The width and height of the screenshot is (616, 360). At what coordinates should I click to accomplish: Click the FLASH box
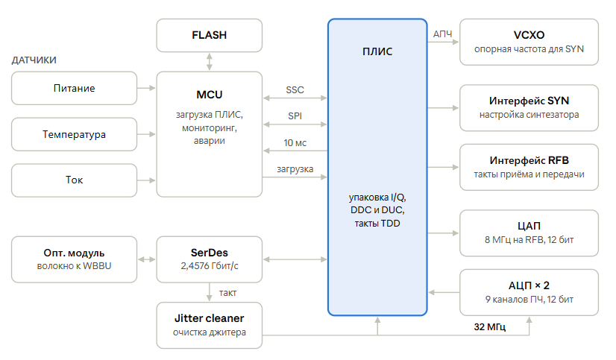pyautogui.click(x=210, y=35)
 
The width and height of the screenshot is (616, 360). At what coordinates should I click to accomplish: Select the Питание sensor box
pyautogui.click(x=75, y=89)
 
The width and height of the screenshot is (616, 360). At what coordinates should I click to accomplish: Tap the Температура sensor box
pyautogui.click(x=75, y=134)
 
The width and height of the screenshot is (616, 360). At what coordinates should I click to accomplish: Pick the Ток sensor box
pyautogui.click(x=75, y=180)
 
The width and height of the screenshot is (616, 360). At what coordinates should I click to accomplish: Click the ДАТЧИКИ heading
pyautogui.click(x=34, y=60)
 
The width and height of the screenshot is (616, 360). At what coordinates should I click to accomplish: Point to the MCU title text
pyautogui.click(x=210, y=95)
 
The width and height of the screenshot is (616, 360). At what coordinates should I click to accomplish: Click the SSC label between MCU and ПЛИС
pyautogui.click(x=295, y=90)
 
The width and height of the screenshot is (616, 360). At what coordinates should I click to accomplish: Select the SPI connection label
pyautogui.click(x=295, y=116)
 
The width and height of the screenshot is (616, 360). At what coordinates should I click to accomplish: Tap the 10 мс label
pyautogui.click(x=295, y=142)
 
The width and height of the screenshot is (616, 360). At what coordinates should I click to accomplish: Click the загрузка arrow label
pyautogui.click(x=295, y=169)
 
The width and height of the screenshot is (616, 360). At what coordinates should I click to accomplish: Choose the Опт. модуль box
pyautogui.click(x=75, y=259)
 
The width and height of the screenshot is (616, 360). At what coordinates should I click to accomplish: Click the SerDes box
pyautogui.click(x=210, y=259)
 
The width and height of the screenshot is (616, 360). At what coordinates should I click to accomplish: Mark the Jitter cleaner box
pyautogui.click(x=210, y=326)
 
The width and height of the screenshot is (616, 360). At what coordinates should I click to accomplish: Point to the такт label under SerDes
pyautogui.click(x=228, y=293)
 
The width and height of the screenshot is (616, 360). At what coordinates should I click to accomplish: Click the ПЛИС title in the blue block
pyautogui.click(x=377, y=51)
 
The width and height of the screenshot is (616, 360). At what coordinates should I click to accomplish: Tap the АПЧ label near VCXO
pyautogui.click(x=443, y=34)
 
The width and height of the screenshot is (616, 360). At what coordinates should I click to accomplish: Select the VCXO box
pyautogui.click(x=529, y=42)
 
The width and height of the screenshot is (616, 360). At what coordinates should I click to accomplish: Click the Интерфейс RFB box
pyautogui.click(x=529, y=167)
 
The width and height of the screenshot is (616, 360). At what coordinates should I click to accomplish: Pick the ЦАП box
pyautogui.click(x=529, y=233)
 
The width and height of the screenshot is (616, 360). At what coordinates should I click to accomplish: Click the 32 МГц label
pyautogui.click(x=490, y=326)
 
